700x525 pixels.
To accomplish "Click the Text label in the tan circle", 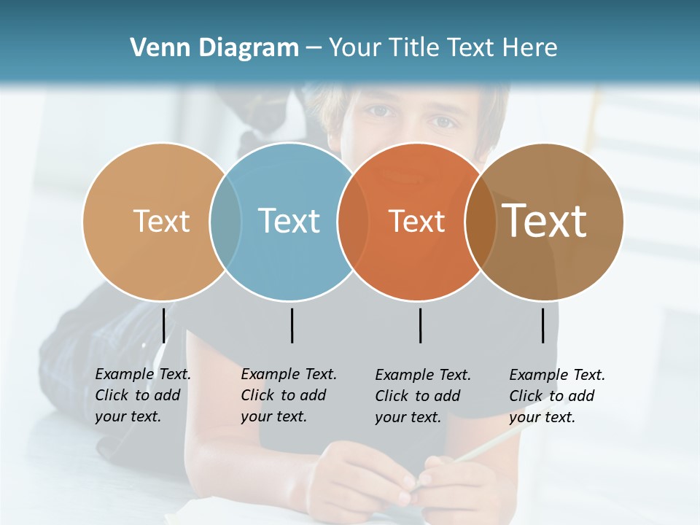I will (161, 221).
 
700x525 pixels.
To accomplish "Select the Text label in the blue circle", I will (289, 221).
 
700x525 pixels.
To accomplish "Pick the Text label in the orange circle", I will (416, 222).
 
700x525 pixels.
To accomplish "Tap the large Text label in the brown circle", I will (545, 221).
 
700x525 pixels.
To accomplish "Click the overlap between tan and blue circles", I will (225, 222).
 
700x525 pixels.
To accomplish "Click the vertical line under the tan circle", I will (163, 325).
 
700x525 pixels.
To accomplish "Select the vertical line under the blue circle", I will (292, 325).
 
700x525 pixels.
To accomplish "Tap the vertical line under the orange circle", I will (420, 325).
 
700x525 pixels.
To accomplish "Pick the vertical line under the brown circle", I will (542, 325).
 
